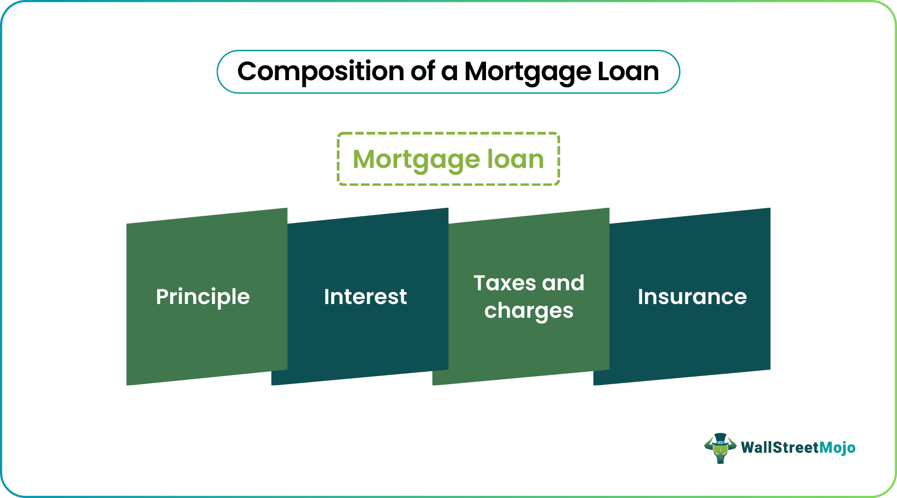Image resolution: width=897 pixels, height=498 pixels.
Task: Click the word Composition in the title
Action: tap(321, 72)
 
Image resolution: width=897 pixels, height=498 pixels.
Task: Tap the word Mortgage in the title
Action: tap(526, 72)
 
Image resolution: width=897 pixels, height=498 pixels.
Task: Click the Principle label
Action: tap(203, 297)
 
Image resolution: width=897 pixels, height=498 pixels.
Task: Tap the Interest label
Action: tap(365, 297)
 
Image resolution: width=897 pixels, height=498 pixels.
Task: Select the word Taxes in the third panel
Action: tap(505, 283)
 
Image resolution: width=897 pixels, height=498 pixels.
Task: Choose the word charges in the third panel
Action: tap(529, 311)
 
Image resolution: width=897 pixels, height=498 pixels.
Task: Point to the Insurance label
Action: tap(692, 297)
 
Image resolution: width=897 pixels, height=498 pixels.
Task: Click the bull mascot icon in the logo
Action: tap(720, 449)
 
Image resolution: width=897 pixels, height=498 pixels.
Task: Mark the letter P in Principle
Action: tap(162, 297)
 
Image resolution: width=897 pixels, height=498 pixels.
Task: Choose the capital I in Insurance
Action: tap(641, 297)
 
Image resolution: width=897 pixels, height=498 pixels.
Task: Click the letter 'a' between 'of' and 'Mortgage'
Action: tap(449, 72)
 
